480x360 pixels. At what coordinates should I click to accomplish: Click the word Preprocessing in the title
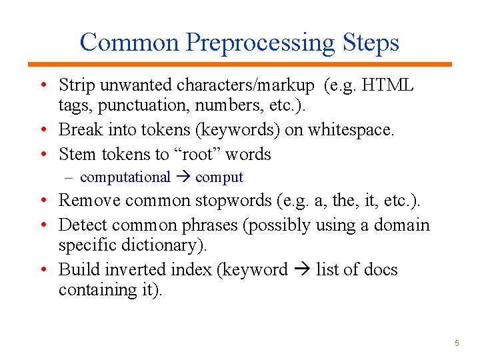[261, 43]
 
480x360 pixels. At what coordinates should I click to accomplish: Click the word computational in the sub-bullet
[125, 177]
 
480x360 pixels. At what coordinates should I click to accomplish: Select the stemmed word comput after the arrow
[219, 177]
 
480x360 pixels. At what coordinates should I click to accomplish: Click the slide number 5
[457, 343]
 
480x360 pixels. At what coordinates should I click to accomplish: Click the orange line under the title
[240, 64]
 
